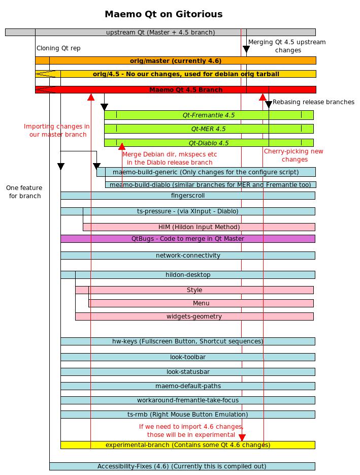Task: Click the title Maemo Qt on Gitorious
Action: click(x=163, y=14)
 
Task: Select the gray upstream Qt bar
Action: click(x=160, y=33)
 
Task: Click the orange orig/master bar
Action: click(x=176, y=60)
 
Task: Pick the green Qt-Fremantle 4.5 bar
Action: click(x=209, y=115)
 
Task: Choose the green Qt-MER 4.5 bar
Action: click(x=209, y=129)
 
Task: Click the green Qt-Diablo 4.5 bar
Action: click(x=209, y=143)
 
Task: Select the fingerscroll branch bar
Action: click(x=188, y=196)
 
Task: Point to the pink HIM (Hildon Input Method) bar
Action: click(x=199, y=227)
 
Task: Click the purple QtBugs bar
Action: click(x=188, y=239)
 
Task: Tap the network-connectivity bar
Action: click(x=188, y=256)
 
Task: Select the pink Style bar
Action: click(x=194, y=290)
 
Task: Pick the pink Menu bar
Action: click(x=201, y=303)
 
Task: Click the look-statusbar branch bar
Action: click(x=188, y=372)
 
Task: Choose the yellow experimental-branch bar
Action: click(x=188, y=445)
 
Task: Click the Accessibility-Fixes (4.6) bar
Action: click(x=182, y=466)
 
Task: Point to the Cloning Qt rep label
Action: click(x=58, y=48)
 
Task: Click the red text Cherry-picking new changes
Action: click(x=293, y=155)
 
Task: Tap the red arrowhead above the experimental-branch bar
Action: click(x=242, y=437)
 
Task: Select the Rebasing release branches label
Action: click(x=313, y=102)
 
